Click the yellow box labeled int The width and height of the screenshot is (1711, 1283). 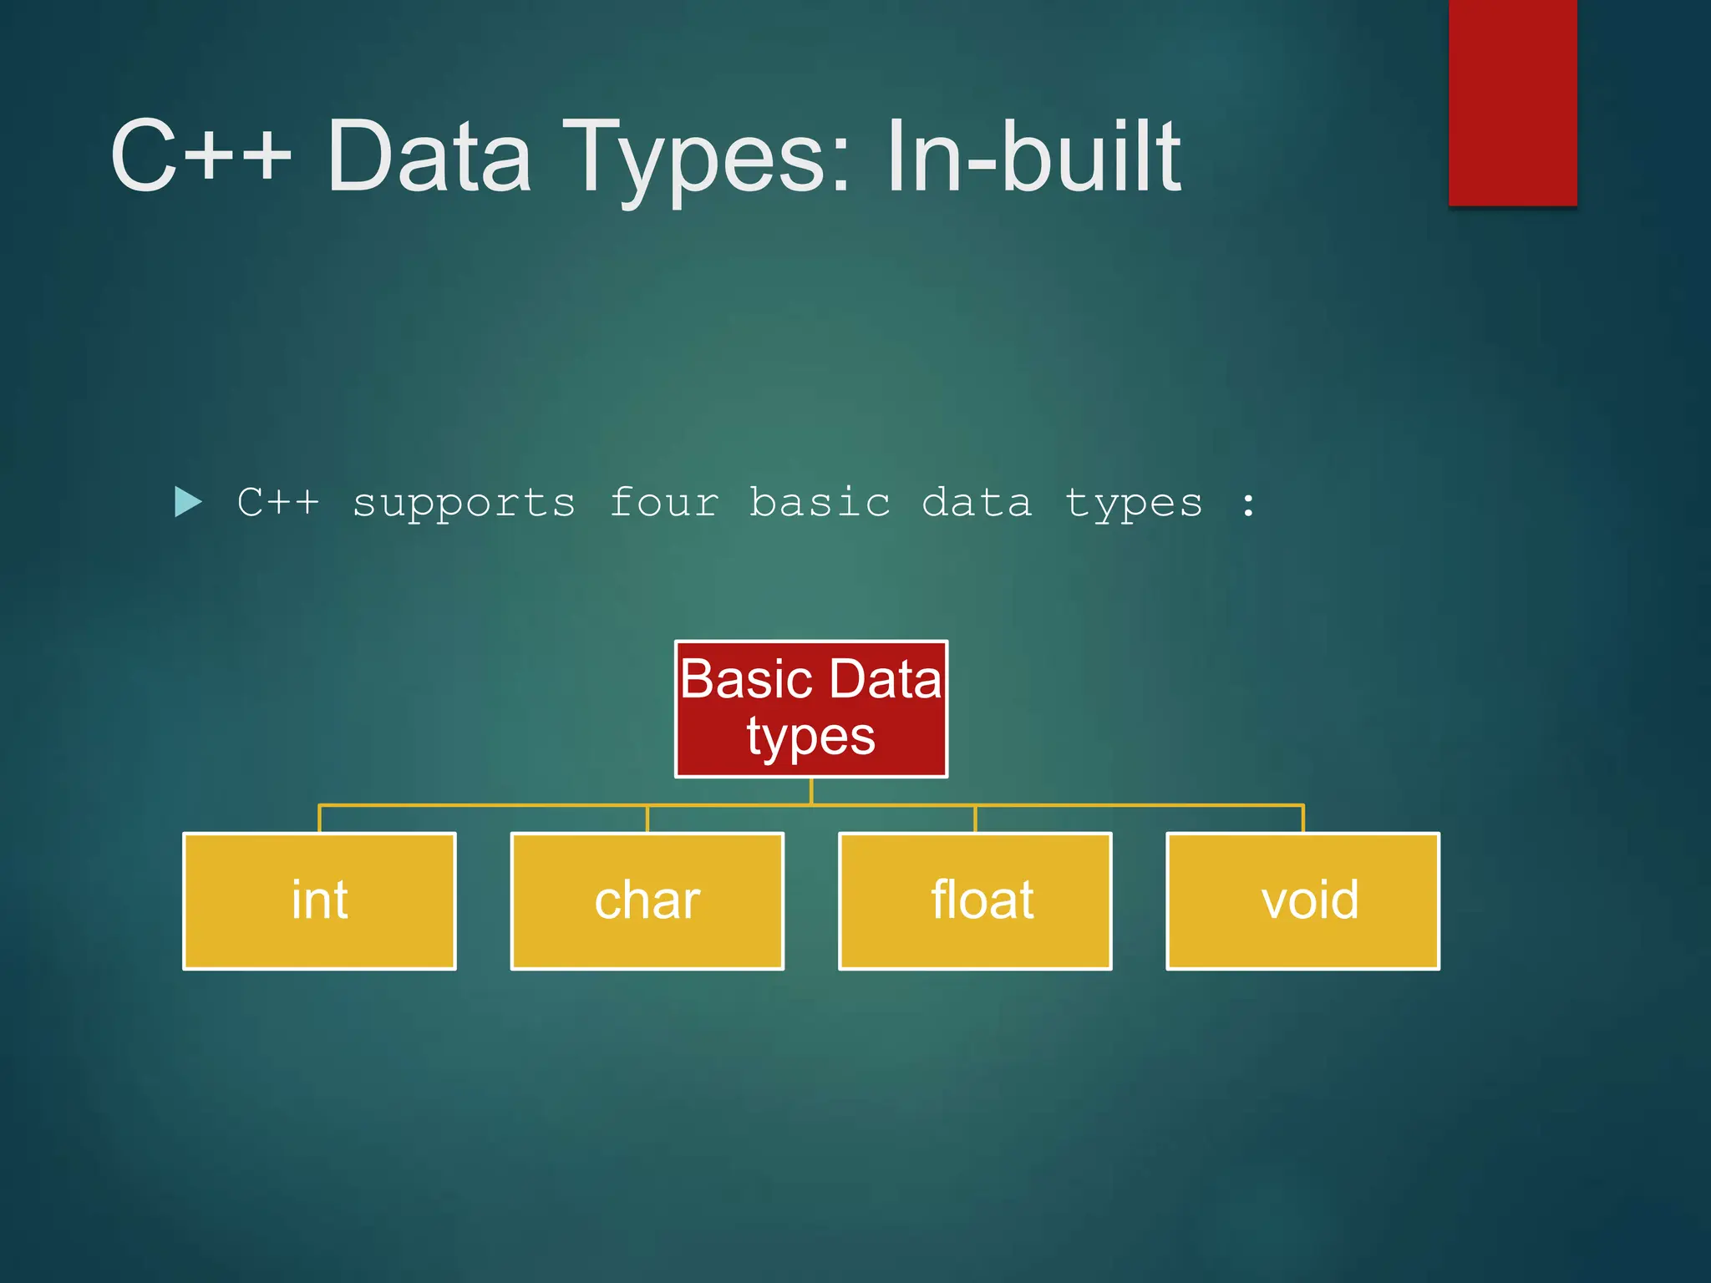319,900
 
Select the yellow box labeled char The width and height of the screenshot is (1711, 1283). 647,900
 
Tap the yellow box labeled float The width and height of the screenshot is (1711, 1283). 975,900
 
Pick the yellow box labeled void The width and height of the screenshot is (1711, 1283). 1302,900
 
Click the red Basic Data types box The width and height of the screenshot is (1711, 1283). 810,708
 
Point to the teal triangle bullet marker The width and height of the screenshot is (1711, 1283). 187,502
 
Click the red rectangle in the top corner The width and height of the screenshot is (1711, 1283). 1512,100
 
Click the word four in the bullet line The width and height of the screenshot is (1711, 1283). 664,503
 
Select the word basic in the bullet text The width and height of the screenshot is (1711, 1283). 820,503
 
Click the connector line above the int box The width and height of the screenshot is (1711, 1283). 319,818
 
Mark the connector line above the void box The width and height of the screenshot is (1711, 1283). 1303,818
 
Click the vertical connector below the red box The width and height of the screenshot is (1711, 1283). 810,790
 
